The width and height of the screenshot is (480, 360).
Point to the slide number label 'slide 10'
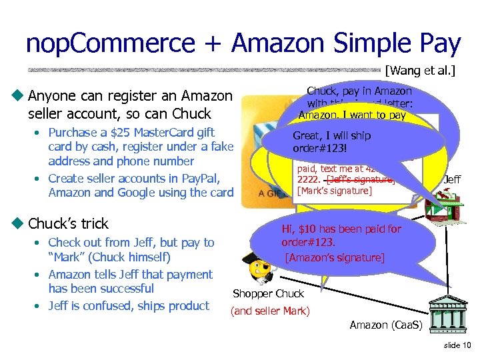tap(457, 345)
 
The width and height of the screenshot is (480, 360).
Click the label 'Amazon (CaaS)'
tap(387, 325)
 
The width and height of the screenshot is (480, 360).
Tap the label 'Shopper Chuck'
tap(268, 293)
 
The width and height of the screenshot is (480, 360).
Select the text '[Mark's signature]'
tap(335, 191)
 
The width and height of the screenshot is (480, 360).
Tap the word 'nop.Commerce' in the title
tap(110, 44)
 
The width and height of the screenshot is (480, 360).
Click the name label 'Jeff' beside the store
tap(452, 179)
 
